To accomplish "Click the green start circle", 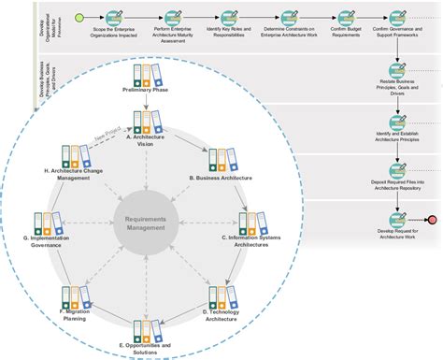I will [x=79, y=18].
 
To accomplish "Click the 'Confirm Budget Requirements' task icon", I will [x=345, y=18].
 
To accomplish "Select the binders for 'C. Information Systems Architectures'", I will [x=250, y=223].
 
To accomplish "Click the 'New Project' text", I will [x=106, y=138].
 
